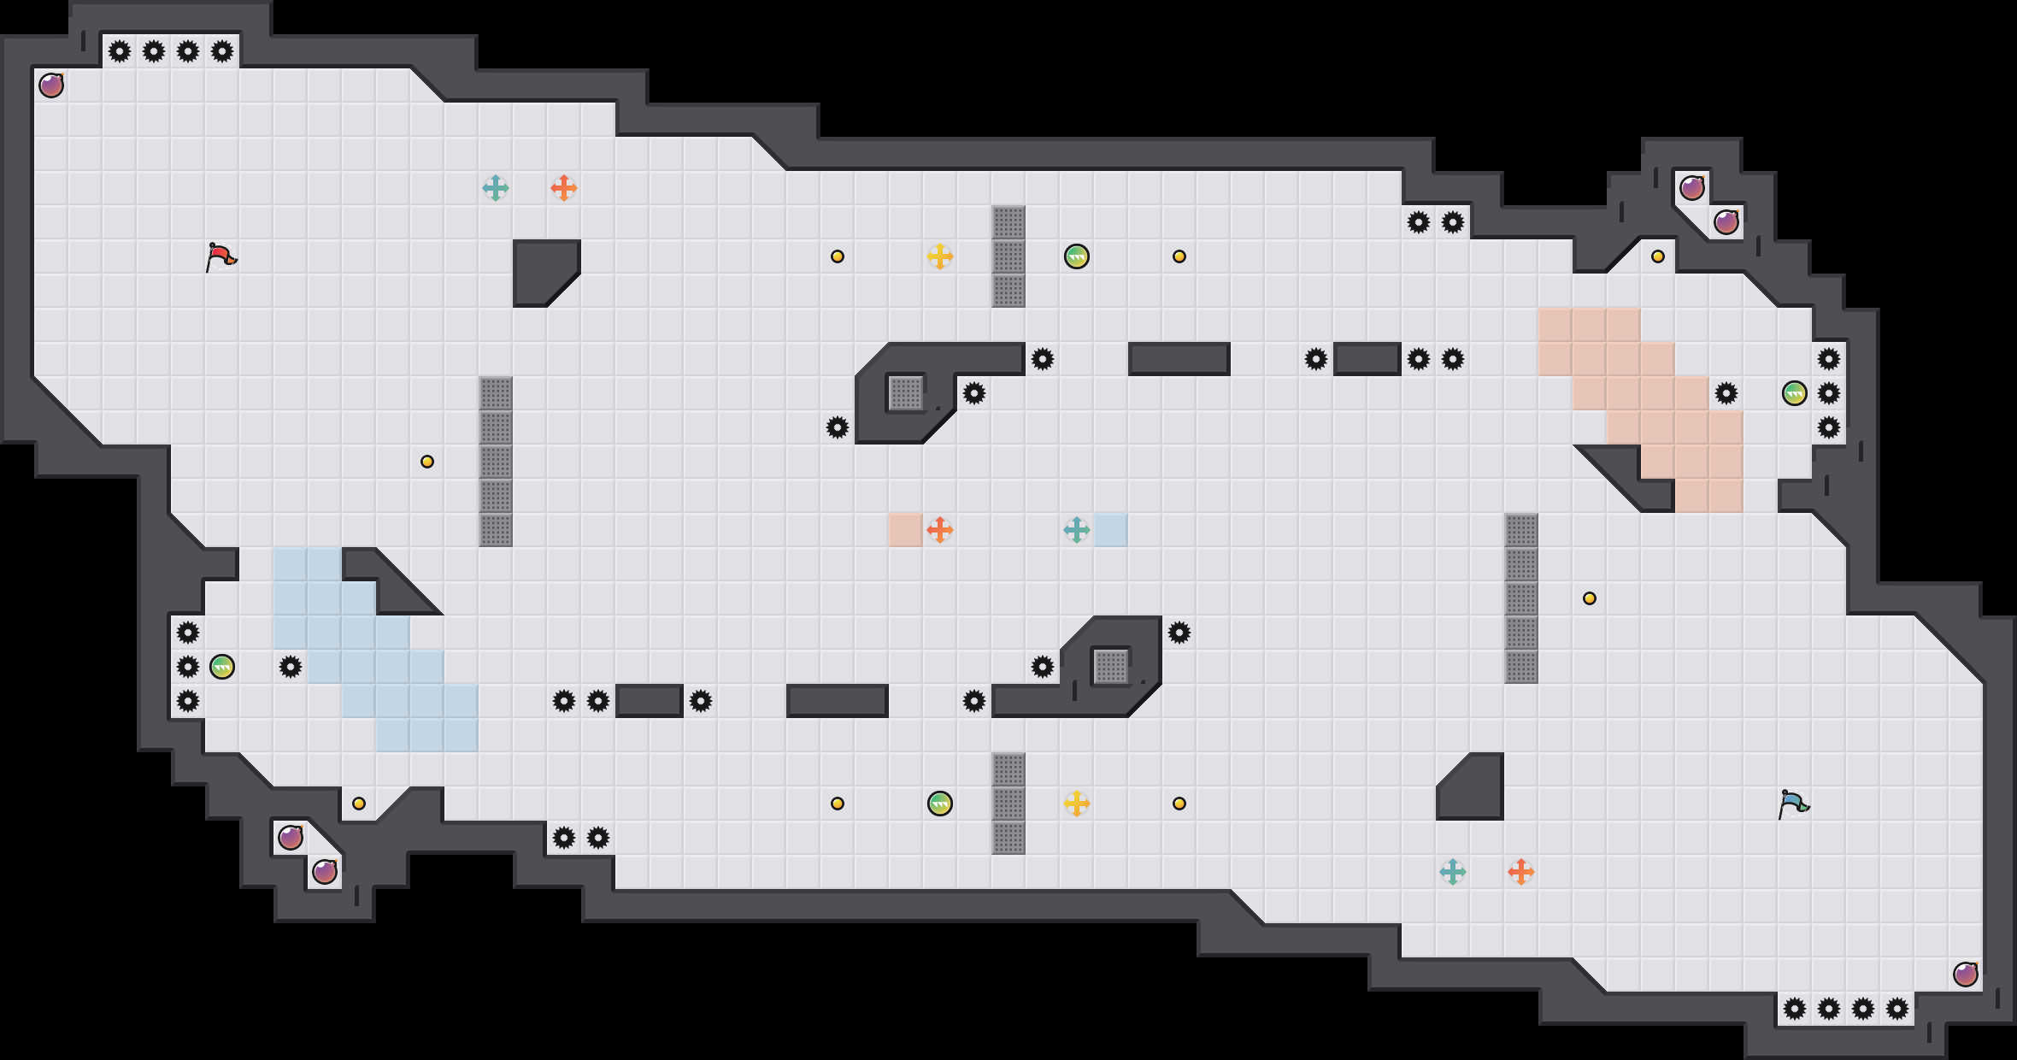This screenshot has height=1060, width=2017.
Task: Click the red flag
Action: pos(221,256)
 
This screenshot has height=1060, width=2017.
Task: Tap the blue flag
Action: pos(1793,804)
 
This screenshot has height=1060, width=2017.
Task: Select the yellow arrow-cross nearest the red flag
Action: pos(940,256)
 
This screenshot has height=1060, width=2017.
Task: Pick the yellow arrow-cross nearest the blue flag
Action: pos(1077,804)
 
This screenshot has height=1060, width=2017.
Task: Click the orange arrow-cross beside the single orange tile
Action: pos(940,530)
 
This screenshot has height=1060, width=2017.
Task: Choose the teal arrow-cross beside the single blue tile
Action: pos(1077,530)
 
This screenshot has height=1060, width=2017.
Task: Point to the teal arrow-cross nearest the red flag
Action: pos(496,188)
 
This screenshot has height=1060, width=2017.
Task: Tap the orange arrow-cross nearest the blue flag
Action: pos(1521,872)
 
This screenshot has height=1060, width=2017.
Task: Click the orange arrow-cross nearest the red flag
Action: pos(564,188)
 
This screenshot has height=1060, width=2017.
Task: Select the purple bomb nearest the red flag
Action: pos(51,85)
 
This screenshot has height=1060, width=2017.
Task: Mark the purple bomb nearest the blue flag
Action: pos(1966,975)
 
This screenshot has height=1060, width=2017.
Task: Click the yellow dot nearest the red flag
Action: pos(427,462)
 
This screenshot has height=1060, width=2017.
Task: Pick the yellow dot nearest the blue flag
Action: pos(1590,598)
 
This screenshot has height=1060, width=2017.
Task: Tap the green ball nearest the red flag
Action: pos(222,667)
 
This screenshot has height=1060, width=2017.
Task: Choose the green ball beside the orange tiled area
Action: pos(1795,393)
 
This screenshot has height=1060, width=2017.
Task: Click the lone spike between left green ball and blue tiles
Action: pos(291,667)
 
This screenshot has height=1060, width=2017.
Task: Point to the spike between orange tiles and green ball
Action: pos(1726,393)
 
